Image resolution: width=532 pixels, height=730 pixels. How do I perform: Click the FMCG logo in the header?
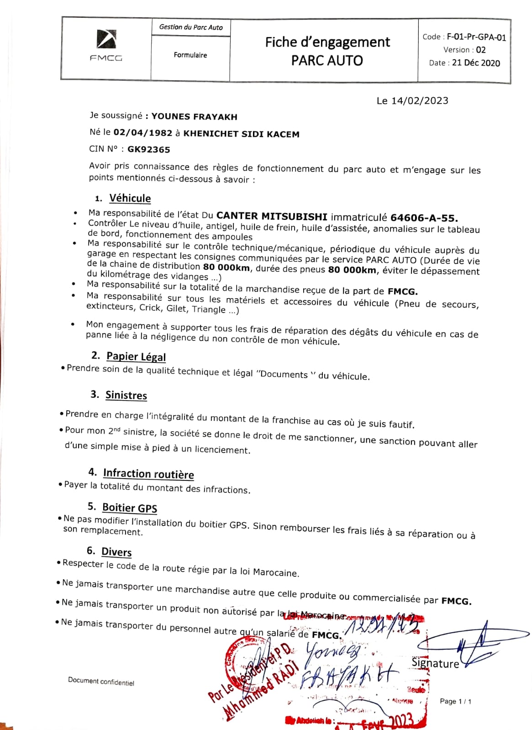[x=106, y=45]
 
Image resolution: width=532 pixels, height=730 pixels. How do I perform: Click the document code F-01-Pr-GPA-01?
[x=476, y=37]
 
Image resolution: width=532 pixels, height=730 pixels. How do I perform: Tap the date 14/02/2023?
[x=420, y=101]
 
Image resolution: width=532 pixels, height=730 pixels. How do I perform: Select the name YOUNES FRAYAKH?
[x=194, y=116]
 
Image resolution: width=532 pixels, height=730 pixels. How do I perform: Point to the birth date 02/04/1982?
[x=143, y=133]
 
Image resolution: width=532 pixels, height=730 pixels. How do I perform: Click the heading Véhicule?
[x=130, y=198]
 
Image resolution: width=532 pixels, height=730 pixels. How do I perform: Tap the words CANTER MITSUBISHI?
[x=272, y=216]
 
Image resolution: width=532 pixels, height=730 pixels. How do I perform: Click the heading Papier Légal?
[x=136, y=356]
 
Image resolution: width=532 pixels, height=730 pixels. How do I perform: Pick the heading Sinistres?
[x=126, y=395]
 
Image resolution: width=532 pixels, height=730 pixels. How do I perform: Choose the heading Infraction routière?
[x=148, y=474]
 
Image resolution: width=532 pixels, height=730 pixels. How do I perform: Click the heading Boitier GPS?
[x=130, y=508]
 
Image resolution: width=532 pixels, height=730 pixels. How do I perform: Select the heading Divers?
[x=116, y=552]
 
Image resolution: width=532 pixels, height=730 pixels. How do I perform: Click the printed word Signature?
[x=435, y=663]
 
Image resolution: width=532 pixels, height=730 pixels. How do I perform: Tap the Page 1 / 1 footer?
[x=455, y=701]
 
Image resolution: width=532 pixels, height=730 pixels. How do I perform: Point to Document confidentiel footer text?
[x=101, y=681]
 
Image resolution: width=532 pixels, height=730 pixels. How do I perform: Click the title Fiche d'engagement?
[x=327, y=42]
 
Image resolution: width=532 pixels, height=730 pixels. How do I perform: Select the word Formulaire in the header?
[x=190, y=55]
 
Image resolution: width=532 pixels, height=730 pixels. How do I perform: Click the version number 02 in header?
[x=480, y=50]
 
